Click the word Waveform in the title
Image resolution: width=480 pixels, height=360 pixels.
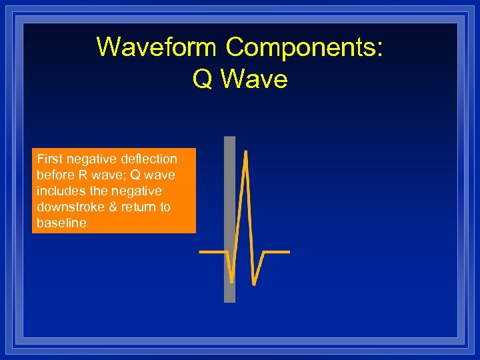pyautogui.click(x=157, y=47)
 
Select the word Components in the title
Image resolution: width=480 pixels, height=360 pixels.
pyautogui.click(x=303, y=47)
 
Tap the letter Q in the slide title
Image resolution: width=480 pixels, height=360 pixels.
pyautogui.click(x=202, y=79)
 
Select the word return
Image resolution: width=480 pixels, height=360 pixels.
pyautogui.click(x=141, y=207)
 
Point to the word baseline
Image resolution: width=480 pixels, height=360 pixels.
pyautogui.click(x=61, y=223)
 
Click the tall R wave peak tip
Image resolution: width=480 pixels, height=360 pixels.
pyautogui.click(x=246, y=153)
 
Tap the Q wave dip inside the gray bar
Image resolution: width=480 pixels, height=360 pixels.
pyautogui.click(x=231, y=280)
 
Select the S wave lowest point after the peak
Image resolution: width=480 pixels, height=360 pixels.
pyautogui.click(x=254, y=283)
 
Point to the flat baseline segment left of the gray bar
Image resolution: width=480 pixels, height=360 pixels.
pyautogui.click(x=212, y=253)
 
